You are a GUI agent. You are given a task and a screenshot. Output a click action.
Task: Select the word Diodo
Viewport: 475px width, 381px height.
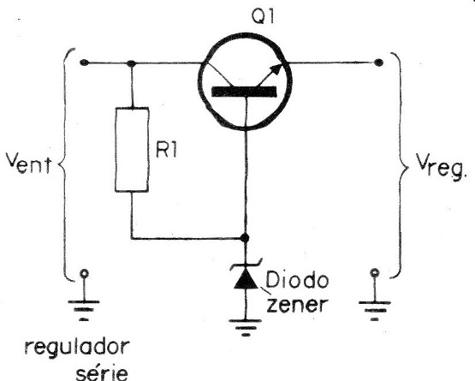click(289, 279)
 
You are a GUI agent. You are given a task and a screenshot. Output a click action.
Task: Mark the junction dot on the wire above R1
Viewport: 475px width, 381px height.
click(130, 63)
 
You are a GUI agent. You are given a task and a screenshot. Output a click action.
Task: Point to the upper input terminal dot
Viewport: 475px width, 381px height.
click(84, 63)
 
